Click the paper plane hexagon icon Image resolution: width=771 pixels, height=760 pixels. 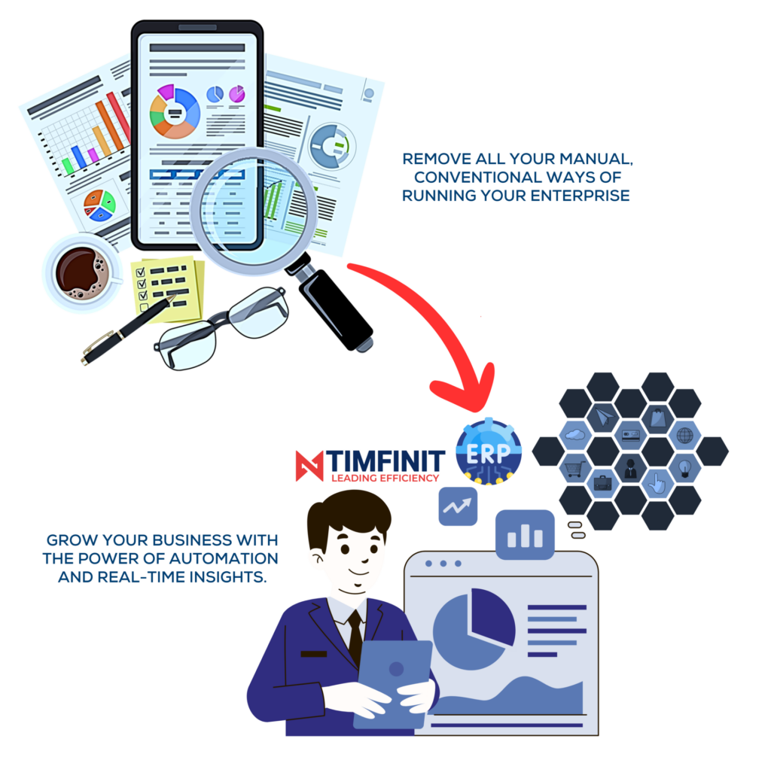602,416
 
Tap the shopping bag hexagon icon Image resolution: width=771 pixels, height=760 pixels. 657,418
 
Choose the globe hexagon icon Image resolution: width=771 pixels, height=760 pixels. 684,436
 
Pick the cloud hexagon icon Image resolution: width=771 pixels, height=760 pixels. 574,434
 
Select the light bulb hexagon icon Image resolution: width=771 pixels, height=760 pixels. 684,468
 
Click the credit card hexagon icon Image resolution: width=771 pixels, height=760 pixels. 630,435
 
